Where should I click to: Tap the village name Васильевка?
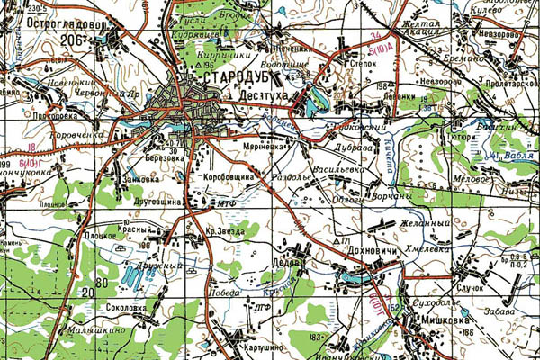click(335, 168)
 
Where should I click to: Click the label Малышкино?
click(98, 332)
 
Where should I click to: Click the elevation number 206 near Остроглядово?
click(74, 40)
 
